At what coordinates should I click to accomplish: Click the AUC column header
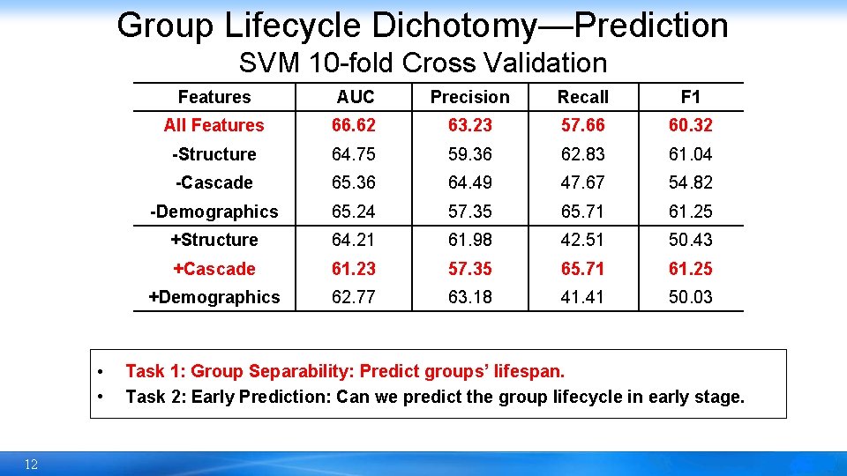point(356,97)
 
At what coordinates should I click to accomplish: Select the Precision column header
point(469,97)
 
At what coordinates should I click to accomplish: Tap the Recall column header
point(583,97)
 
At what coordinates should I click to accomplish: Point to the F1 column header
point(691,97)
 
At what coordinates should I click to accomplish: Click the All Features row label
point(214,125)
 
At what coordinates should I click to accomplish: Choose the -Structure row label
point(214,154)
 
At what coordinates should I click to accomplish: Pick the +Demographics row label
point(214,297)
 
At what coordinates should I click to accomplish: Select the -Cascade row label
point(214,182)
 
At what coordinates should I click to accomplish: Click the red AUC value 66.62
point(354,125)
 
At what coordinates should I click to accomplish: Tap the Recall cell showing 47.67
point(583,182)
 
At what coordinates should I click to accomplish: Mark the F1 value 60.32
point(691,125)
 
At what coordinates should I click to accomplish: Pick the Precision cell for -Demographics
point(469,212)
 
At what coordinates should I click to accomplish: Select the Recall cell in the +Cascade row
point(583,269)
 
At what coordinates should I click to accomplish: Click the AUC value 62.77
point(354,297)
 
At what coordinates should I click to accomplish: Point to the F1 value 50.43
point(691,240)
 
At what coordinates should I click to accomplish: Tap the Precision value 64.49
point(469,182)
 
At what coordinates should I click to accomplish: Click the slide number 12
point(31,465)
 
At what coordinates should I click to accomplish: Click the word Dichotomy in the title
point(454,26)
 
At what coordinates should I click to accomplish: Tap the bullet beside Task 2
point(103,397)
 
